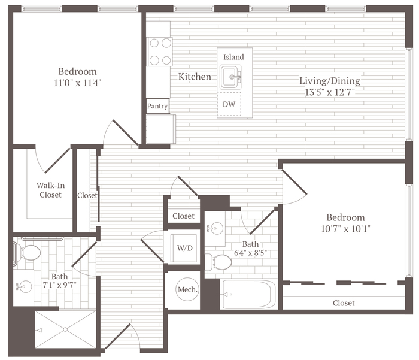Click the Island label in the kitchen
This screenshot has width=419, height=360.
click(x=233, y=57)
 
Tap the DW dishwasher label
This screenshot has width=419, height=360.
click(x=229, y=104)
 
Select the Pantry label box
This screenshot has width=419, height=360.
click(x=157, y=106)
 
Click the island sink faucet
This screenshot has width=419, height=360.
click(x=236, y=77)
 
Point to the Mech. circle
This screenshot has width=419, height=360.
click(x=187, y=289)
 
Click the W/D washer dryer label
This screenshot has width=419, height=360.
click(x=184, y=248)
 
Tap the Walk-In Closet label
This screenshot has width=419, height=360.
click(x=50, y=190)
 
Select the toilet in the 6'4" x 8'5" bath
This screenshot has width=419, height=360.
click(x=218, y=262)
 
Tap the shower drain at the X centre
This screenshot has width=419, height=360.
click(x=65, y=330)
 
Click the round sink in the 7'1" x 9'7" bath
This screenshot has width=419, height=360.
click(x=24, y=287)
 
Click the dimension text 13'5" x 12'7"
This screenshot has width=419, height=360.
click(x=330, y=92)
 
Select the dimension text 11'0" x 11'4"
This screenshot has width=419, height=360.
click(x=77, y=83)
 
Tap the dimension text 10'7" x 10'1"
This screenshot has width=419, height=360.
click(x=345, y=229)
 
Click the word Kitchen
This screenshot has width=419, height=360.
click(x=195, y=77)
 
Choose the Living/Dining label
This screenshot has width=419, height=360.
click(x=330, y=81)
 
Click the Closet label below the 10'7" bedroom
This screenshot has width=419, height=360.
click(x=344, y=303)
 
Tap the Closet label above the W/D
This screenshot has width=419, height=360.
click(x=183, y=216)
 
